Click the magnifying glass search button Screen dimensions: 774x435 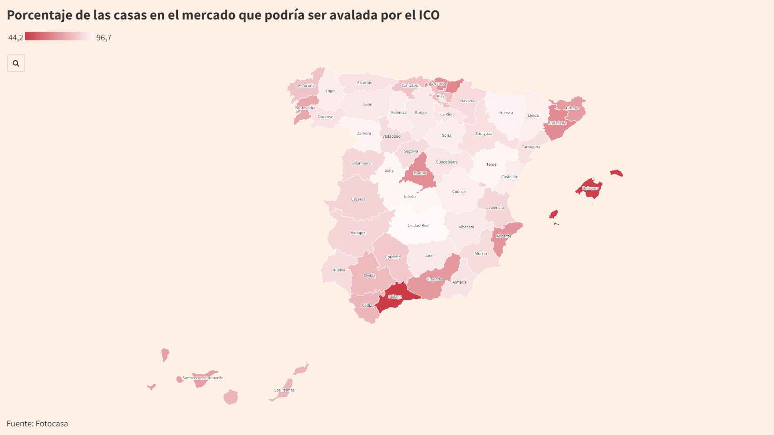click(x=16, y=63)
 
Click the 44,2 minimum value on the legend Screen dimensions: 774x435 click(x=15, y=38)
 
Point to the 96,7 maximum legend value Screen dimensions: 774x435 click(x=103, y=38)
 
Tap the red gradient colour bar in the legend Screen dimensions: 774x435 click(x=59, y=36)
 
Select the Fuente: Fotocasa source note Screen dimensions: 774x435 click(x=37, y=424)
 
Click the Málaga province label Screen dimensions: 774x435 click(x=395, y=297)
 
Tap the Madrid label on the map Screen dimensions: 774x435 click(x=420, y=173)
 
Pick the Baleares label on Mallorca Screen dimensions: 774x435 click(x=590, y=188)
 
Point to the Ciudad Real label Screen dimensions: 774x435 click(x=418, y=225)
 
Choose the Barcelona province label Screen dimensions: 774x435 click(x=557, y=123)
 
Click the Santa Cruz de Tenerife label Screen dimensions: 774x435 click(x=202, y=378)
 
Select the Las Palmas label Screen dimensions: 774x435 click(x=284, y=390)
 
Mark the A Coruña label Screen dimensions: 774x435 click(x=306, y=86)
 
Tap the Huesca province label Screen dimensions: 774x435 click(x=506, y=113)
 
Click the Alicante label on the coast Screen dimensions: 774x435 click(x=504, y=236)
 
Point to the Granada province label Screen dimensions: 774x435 click(x=434, y=279)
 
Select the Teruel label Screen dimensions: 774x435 click(x=492, y=164)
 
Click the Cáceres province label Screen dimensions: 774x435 click(x=358, y=199)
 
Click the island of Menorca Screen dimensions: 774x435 click(x=616, y=173)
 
